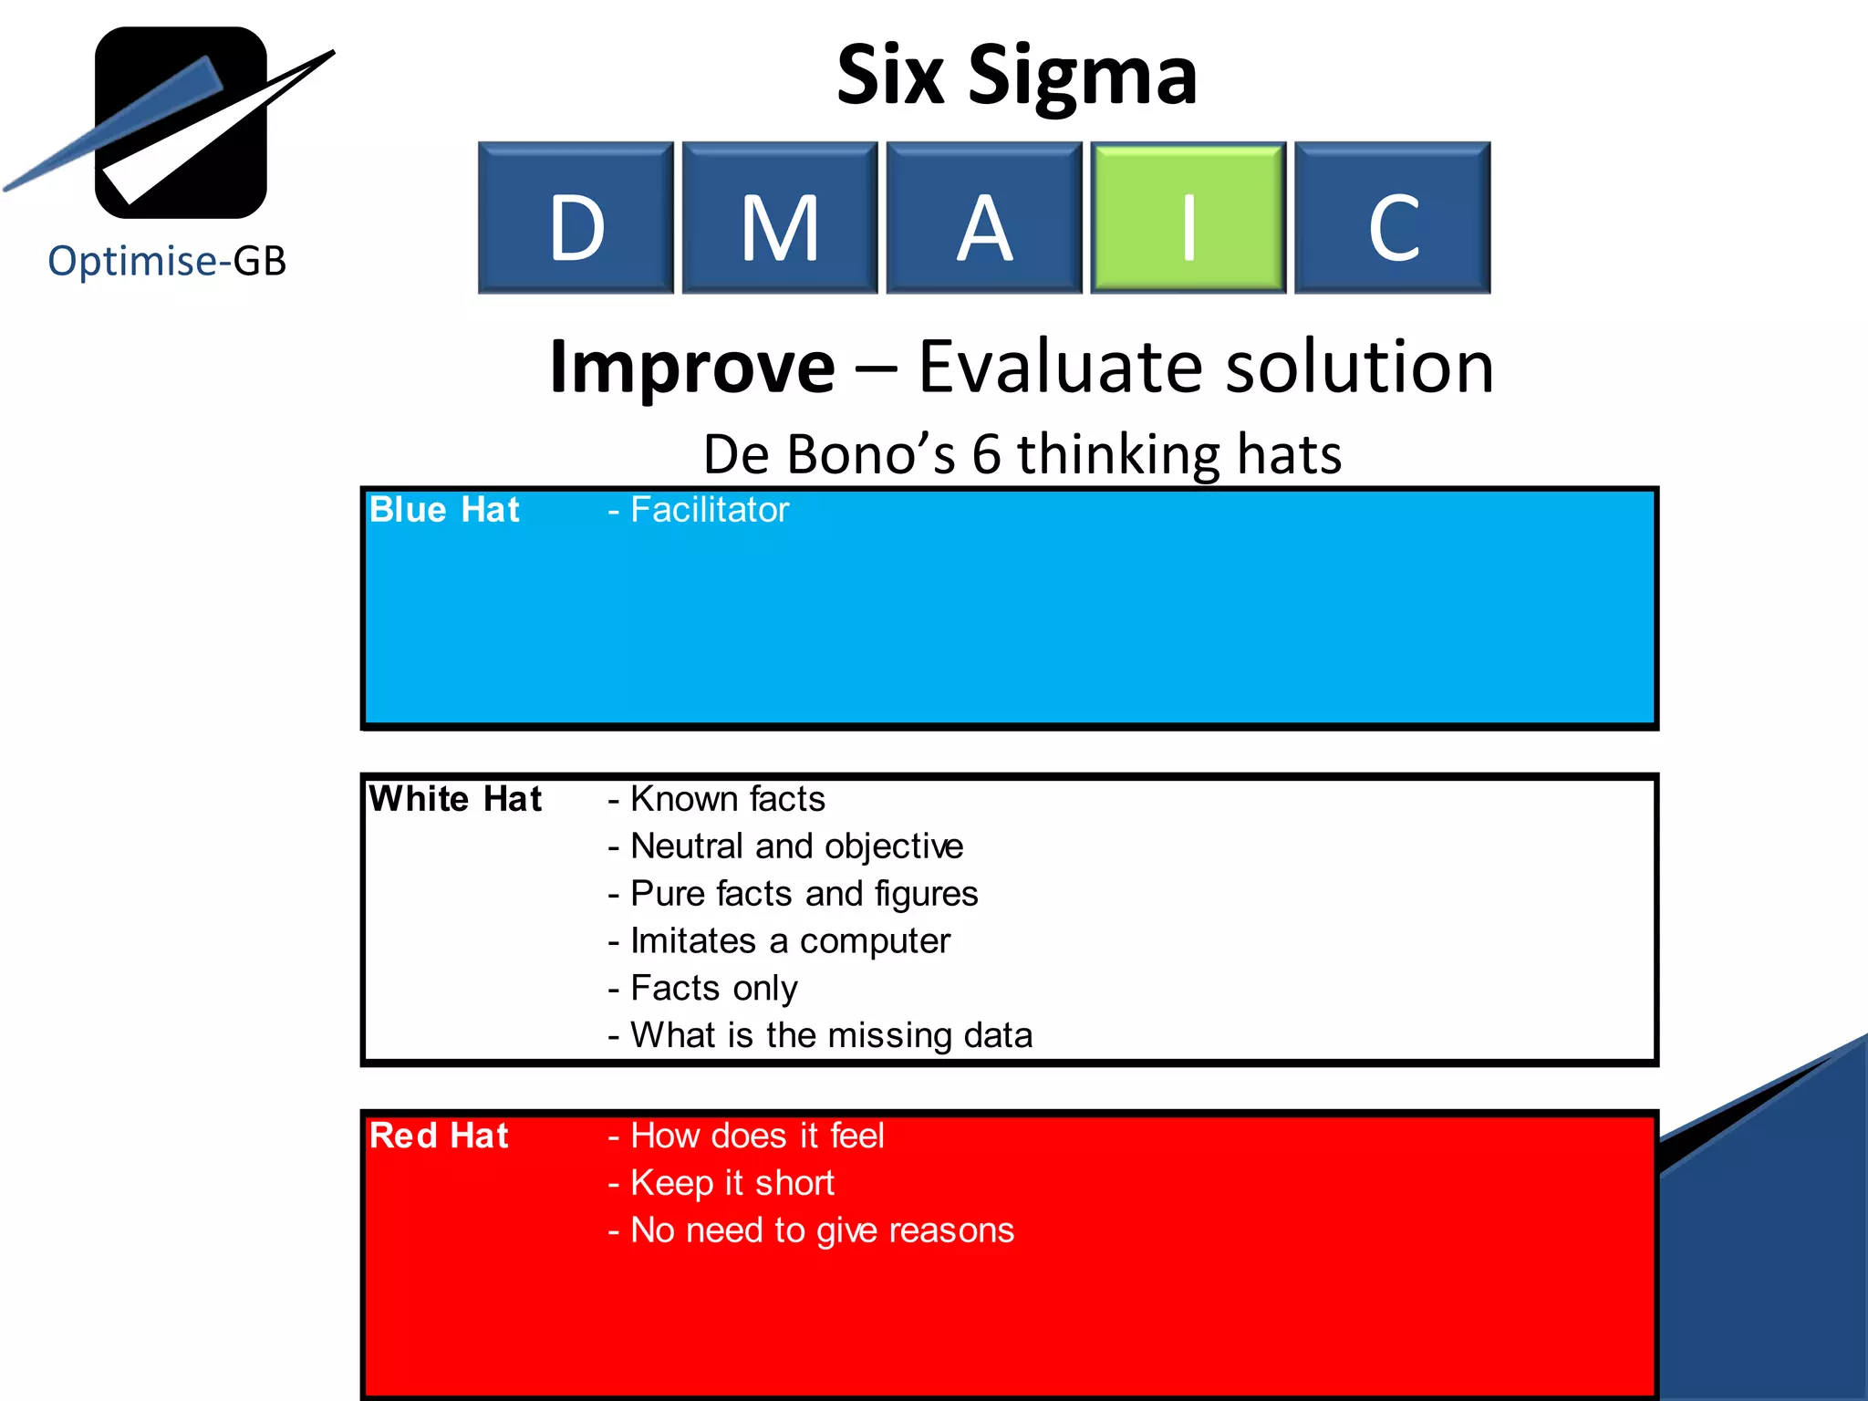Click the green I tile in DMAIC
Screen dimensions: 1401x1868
pyautogui.click(x=1188, y=218)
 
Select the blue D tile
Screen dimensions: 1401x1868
pyautogui.click(x=576, y=218)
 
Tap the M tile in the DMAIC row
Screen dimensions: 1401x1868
pyautogui.click(x=780, y=218)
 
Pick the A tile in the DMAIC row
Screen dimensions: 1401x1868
pyautogui.click(x=983, y=218)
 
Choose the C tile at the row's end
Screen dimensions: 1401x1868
pyautogui.click(x=1392, y=218)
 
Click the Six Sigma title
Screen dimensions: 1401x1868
pyautogui.click(x=1016, y=75)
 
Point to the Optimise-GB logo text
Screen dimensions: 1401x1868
pyautogui.click(x=167, y=261)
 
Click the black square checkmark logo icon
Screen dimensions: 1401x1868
pyautogui.click(x=181, y=122)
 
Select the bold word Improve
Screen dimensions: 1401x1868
pyautogui.click(x=692, y=367)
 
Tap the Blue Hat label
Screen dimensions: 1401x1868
pyautogui.click(x=444, y=510)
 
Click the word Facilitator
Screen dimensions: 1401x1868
pyautogui.click(x=709, y=510)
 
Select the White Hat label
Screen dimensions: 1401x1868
pyautogui.click(x=455, y=799)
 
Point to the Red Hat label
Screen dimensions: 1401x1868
pyautogui.click(x=439, y=1136)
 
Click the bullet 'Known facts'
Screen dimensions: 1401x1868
pyautogui.click(x=727, y=799)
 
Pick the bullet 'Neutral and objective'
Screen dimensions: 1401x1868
pyautogui.click(x=796, y=846)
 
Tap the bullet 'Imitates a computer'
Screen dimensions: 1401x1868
pyautogui.click(x=790, y=941)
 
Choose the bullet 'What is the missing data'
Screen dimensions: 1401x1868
pyautogui.click(x=831, y=1036)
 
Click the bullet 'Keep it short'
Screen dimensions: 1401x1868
pyautogui.click(x=732, y=1183)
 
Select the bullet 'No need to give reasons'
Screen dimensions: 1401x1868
pyautogui.click(x=822, y=1230)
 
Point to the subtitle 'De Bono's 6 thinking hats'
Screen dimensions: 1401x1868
pyautogui.click(x=1022, y=454)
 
